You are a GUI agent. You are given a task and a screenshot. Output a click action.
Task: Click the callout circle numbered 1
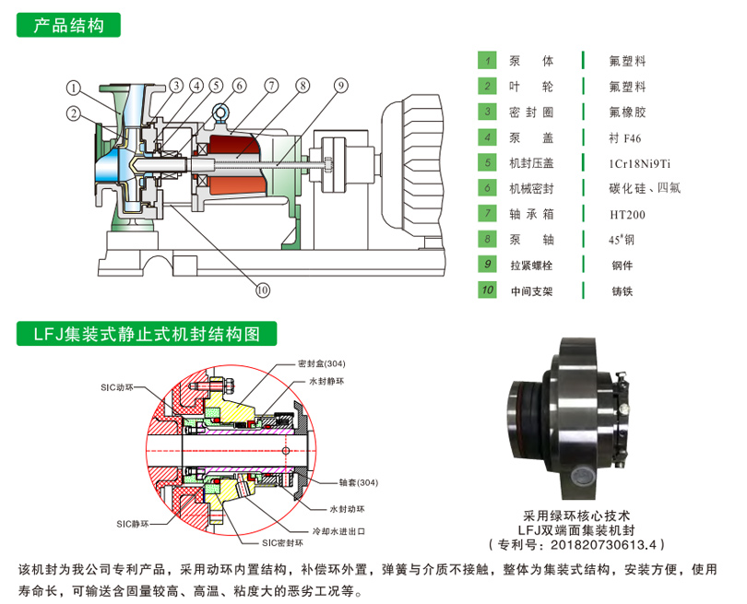72,89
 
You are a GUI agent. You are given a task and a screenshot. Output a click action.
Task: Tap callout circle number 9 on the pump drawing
341,87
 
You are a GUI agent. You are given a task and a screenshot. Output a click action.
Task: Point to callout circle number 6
238,87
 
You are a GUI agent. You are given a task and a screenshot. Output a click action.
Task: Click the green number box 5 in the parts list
487,162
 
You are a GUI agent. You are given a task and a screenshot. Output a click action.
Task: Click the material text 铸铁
623,291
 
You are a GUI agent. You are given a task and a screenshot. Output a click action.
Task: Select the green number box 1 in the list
487,61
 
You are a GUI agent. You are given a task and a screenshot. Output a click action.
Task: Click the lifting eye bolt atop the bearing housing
221,114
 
